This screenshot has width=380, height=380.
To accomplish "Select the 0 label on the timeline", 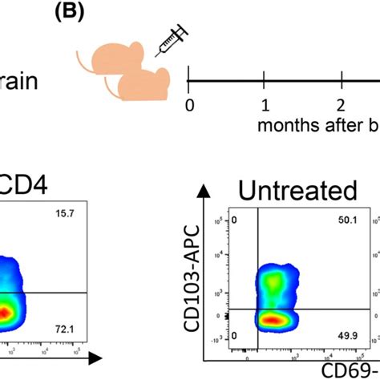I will (189, 105).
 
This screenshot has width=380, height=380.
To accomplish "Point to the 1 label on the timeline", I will (264, 105).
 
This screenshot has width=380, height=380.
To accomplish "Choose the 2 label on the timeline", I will (340, 105).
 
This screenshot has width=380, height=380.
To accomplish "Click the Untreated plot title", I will (298, 191).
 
